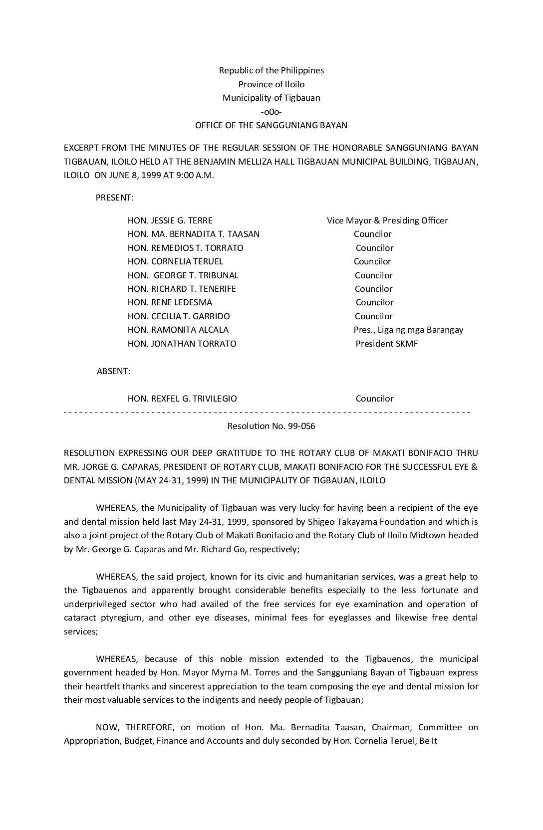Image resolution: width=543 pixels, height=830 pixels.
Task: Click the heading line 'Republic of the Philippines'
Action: [x=271, y=70]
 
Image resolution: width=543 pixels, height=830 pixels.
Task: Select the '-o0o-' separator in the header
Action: [x=271, y=112]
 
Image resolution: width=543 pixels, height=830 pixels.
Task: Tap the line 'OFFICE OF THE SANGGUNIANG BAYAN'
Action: [x=271, y=125]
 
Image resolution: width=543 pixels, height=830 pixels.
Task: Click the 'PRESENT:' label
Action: [x=114, y=198]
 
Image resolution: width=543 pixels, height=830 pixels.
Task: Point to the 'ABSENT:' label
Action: [x=114, y=371]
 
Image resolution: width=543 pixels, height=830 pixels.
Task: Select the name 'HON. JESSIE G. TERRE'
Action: [x=170, y=220]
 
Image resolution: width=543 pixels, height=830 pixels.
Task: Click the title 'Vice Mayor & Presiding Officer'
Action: [x=387, y=220]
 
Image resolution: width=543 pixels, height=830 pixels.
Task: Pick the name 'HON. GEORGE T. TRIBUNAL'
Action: [x=183, y=275]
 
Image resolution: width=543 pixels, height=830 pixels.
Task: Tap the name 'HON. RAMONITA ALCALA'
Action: [x=178, y=330]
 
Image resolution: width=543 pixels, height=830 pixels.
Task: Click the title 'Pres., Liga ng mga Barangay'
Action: [x=408, y=330]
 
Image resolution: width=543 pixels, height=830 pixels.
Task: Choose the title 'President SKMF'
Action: [x=386, y=344]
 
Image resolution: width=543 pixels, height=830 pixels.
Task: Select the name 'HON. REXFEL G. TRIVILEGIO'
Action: [x=182, y=399]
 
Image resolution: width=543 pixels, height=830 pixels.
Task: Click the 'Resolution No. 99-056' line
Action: [x=271, y=426]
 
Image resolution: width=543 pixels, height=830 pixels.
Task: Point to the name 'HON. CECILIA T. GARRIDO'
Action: [x=179, y=316]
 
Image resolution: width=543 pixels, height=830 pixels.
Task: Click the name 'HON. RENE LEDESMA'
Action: [x=170, y=302]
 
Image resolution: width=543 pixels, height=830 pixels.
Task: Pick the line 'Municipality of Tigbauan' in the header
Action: [x=271, y=98]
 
